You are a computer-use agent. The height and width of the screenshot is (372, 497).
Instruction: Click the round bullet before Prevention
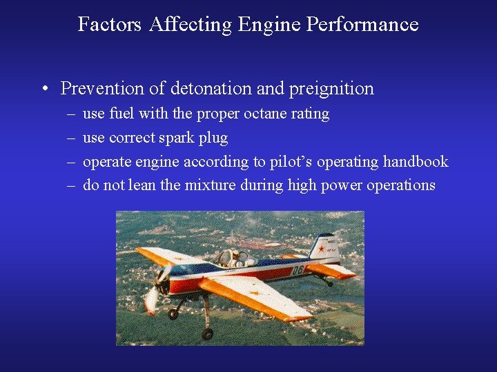coord(43,90)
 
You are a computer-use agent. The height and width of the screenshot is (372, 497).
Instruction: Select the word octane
coord(265,114)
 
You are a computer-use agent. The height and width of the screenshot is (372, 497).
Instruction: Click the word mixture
coord(211,185)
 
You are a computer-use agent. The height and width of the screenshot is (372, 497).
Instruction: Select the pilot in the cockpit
coord(235,257)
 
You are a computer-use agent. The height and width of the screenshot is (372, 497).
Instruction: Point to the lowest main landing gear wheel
coord(207,334)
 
